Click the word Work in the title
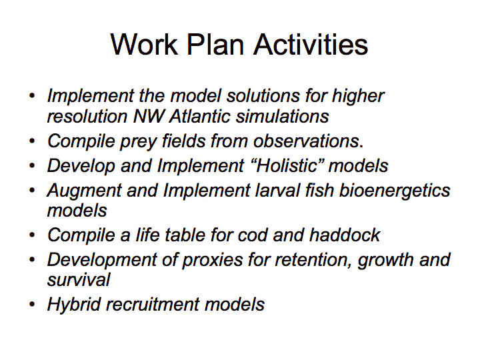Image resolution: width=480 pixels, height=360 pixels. tap(144, 45)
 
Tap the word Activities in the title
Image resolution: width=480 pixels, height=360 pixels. tap(311, 45)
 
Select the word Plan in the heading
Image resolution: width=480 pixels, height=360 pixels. tap(215, 45)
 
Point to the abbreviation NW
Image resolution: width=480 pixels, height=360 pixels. tap(149, 116)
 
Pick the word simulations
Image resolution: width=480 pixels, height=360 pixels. tap(282, 116)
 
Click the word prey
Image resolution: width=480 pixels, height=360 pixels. tap(138, 142)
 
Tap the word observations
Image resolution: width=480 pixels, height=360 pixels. tap(307, 141)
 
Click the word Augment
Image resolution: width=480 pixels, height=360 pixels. tap(85, 191)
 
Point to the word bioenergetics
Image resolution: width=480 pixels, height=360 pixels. tap(395, 191)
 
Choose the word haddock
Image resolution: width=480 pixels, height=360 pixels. tap(345, 235)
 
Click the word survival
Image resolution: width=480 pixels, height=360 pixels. tap(79, 280)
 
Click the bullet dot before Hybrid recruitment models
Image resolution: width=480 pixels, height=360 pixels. tap(32, 304)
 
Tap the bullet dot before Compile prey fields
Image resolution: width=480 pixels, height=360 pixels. tap(32, 141)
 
